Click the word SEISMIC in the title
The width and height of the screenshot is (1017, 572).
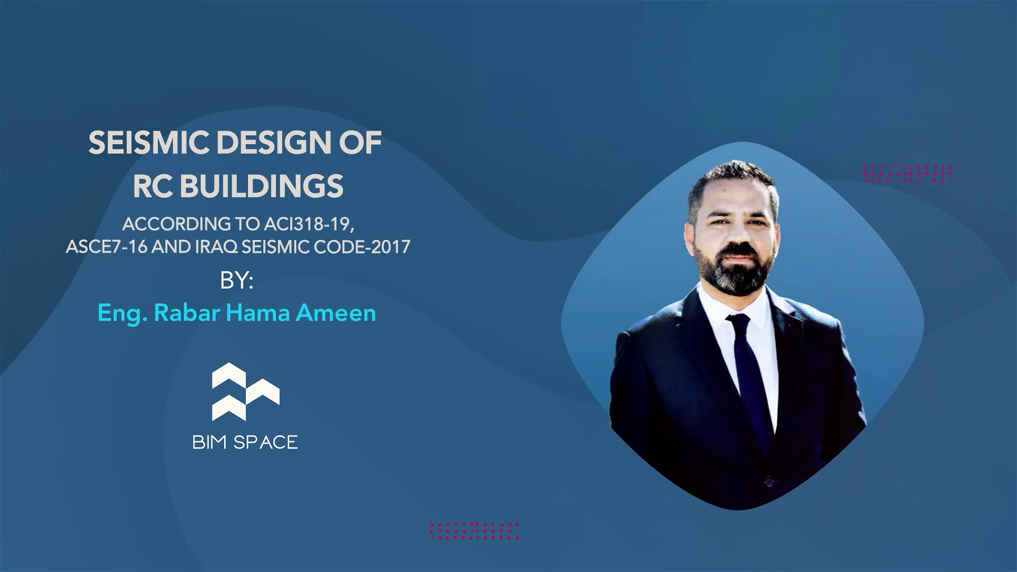[x=149, y=143]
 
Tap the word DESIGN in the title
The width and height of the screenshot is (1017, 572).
[x=274, y=143]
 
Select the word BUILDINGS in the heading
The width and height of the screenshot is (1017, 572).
[x=262, y=186]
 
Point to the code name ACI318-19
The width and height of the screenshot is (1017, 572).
[x=309, y=225]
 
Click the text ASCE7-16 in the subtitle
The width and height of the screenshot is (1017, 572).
[x=106, y=247]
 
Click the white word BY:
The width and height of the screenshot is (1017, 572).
[x=237, y=281]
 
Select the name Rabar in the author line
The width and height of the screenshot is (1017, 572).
[x=187, y=313]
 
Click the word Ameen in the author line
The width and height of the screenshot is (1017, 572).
[x=336, y=313]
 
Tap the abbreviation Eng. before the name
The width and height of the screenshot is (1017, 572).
[x=123, y=314]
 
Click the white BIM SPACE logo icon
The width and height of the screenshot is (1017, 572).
[x=246, y=392]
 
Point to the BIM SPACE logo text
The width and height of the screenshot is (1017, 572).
[x=245, y=442]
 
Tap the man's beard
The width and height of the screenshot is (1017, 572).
[x=733, y=270]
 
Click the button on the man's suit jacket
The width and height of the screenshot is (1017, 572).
[x=769, y=481]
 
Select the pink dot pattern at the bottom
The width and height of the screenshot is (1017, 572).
[x=475, y=531]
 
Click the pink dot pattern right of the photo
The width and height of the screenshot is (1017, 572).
[x=908, y=174]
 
